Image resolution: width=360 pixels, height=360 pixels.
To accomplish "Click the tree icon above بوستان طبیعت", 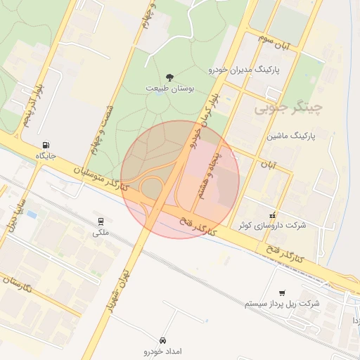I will (x=169, y=77).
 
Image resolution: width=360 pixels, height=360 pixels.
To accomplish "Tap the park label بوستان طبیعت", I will (x=169, y=89).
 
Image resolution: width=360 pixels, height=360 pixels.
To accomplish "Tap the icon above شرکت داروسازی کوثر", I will (x=272, y=214).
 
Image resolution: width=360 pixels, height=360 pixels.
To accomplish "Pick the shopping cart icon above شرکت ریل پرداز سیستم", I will (x=282, y=292).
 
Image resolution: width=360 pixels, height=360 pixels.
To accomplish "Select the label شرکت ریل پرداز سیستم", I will (x=281, y=304).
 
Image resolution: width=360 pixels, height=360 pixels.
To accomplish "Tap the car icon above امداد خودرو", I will (x=163, y=340).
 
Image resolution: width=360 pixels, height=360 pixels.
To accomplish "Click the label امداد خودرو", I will (x=162, y=351).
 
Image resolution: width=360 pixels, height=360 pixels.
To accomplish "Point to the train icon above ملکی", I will (x=101, y=221).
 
